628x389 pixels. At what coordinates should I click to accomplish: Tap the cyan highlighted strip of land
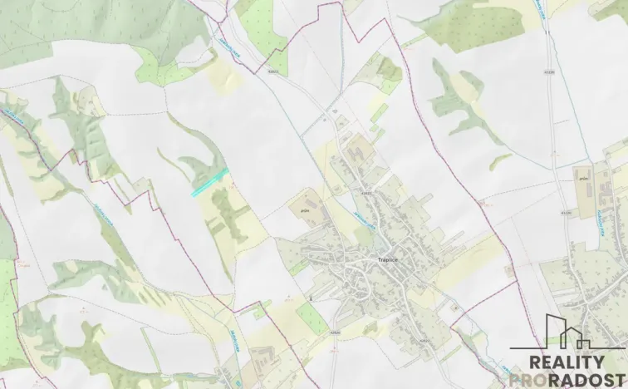tap(209, 181)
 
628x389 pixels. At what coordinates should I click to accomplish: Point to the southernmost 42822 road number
tap(424, 341)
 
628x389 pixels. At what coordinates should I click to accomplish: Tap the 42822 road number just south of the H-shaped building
tap(366, 191)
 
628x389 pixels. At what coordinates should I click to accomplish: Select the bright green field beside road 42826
tap(311, 318)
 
